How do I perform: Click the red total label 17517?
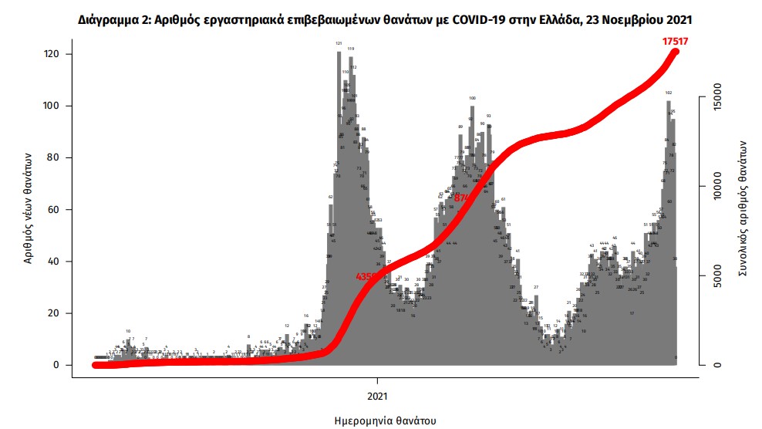pyautogui.click(x=677, y=42)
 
